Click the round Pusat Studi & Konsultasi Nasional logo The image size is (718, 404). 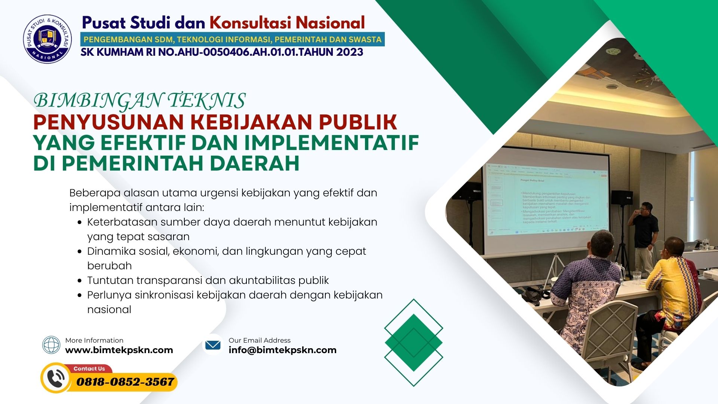47,39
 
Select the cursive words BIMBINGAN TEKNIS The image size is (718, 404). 139,101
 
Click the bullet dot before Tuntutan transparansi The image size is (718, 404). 80,281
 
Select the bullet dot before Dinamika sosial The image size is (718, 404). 80,251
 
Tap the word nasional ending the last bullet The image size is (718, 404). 109,310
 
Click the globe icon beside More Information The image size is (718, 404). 51,345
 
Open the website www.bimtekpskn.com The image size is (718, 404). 119,350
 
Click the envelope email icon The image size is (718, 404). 213,345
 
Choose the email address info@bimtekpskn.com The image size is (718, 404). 282,350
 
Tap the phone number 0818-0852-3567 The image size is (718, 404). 125,382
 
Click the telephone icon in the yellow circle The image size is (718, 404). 56,378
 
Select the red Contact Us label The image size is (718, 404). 89,369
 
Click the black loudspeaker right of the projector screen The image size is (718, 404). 621,197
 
